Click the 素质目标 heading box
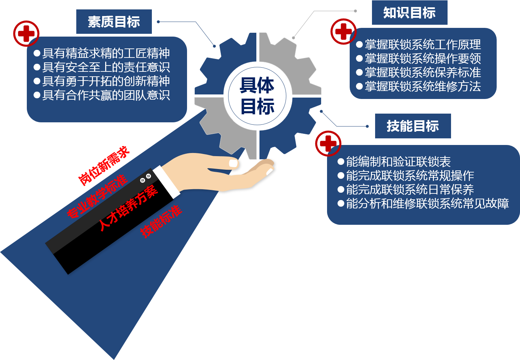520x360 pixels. (114, 22)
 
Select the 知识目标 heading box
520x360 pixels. (409, 13)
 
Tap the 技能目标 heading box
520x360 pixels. (413, 126)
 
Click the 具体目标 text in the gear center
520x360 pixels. (257, 96)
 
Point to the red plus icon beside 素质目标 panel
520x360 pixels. (26, 33)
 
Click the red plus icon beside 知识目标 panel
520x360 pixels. (343, 31)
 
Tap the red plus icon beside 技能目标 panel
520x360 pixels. (328, 143)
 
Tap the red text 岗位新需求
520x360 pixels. (103, 165)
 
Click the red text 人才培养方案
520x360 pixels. (128, 208)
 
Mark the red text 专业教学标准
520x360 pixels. (97, 197)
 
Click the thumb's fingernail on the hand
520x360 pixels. (233, 163)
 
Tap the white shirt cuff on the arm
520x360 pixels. (167, 182)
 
